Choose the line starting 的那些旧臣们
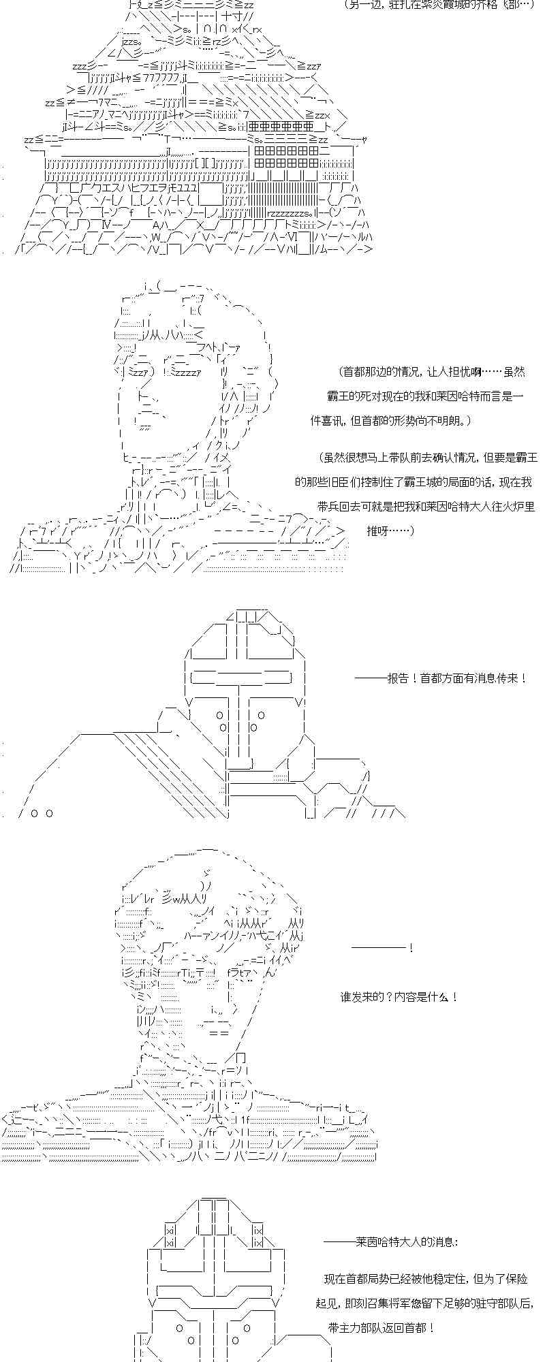pos(413,482)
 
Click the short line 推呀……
pos(390,530)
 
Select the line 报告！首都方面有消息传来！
pos(440,678)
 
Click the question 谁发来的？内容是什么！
pos(399,997)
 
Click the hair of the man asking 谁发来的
pos(204,878)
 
